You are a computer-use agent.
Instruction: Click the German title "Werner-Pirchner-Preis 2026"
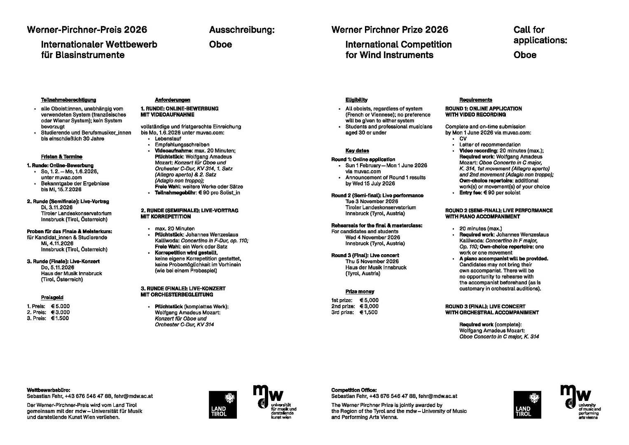click(x=87, y=30)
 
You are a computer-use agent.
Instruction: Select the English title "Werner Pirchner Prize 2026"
click(x=390, y=30)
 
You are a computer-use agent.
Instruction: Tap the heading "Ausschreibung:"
click(x=241, y=30)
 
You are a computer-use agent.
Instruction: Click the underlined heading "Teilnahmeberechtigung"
click(x=68, y=100)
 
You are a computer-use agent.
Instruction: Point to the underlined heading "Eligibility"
click(x=356, y=100)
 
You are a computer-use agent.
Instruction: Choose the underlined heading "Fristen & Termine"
click(x=61, y=157)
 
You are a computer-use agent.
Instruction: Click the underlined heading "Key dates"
click(x=357, y=150)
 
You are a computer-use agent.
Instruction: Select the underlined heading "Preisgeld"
click(x=52, y=297)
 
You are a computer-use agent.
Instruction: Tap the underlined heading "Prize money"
click(x=360, y=291)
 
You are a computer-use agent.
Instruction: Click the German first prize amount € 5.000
click(x=60, y=306)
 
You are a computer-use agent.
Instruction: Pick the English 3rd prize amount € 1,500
click(x=369, y=312)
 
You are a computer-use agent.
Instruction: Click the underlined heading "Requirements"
click(x=476, y=100)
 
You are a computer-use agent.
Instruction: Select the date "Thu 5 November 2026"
click(x=372, y=261)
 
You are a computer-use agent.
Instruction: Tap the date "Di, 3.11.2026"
click(x=57, y=207)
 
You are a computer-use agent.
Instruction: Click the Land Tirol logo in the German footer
click(x=223, y=404)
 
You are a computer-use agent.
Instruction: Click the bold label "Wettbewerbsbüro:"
click(x=48, y=390)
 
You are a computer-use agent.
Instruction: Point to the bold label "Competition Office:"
click(x=354, y=390)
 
